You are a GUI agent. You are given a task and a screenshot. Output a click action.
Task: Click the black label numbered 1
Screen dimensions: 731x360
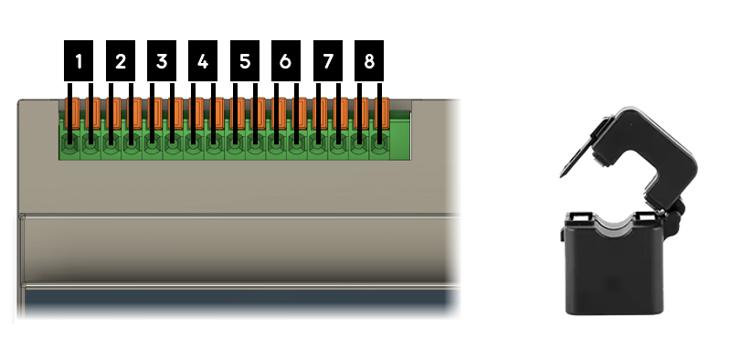(x=79, y=62)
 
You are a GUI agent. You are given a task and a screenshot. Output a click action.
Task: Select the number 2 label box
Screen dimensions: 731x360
(x=121, y=62)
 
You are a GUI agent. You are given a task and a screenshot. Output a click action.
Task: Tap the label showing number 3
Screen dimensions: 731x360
(x=162, y=62)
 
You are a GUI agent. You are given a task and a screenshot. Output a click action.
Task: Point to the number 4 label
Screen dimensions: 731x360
(x=203, y=62)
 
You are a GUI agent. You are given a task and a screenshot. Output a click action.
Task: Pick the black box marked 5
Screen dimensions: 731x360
(x=244, y=62)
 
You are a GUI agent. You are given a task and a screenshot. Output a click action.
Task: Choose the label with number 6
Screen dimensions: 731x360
(x=286, y=62)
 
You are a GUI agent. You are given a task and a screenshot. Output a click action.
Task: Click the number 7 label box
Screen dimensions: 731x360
(x=327, y=62)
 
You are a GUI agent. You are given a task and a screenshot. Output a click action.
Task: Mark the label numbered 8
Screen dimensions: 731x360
(x=368, y=62)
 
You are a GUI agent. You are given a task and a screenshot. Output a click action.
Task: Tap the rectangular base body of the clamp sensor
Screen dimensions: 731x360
(x=611, y=274)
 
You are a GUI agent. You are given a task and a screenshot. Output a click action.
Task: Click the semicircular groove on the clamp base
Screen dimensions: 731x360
(x=612, y=222)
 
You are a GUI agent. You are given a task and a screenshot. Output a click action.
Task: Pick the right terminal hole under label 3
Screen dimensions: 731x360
(x=173, y=144)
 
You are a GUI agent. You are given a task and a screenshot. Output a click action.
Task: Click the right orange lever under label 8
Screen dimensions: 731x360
(x=384, y=113)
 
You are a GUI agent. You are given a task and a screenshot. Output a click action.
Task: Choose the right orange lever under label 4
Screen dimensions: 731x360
(x=218, y=113)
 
